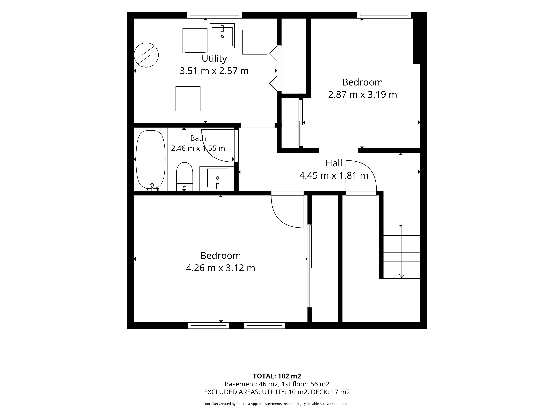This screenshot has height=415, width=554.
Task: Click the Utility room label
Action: [214, 59]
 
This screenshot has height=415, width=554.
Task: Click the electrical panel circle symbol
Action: [146, 55]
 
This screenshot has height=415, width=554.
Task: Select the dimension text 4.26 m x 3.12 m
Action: [220, 268]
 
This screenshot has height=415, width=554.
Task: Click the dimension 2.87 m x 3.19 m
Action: [362, 95]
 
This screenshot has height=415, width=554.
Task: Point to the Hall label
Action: [334, 163]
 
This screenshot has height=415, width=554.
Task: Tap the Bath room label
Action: [198, 138]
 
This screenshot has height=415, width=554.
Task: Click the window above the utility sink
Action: [214, 15]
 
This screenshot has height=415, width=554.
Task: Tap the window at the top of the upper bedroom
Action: [384, 15]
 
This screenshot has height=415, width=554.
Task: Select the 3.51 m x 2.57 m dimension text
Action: [214, 71]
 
